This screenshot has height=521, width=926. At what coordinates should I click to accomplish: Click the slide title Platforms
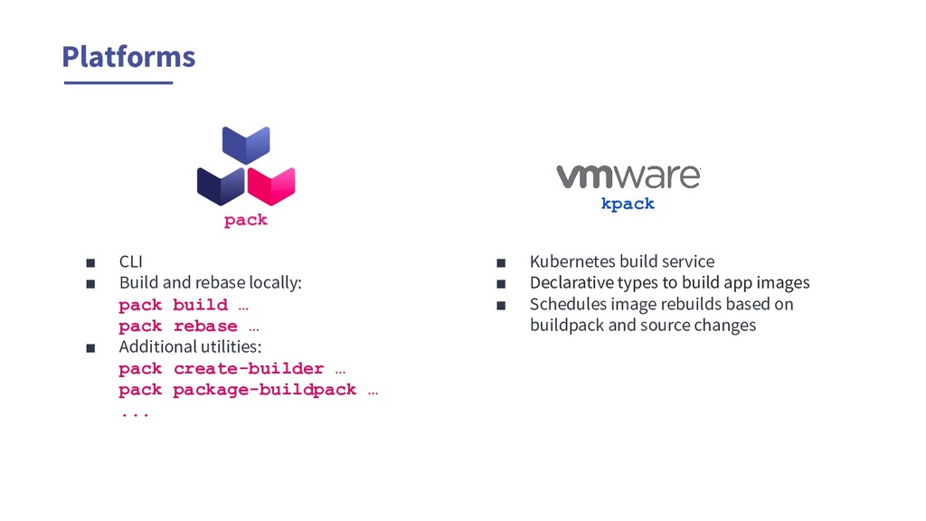(x=128, y=57)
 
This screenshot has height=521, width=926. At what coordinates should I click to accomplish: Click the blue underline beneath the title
(x=118, y=82)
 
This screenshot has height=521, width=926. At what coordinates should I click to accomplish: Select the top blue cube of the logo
(x=246, y=145)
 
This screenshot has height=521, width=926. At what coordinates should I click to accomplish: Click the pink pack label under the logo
(x=246, y=220)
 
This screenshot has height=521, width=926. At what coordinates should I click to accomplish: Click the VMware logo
(x=628, y=175)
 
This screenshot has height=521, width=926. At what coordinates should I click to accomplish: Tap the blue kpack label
(x=628, y=204)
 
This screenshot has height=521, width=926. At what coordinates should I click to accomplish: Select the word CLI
(x=131, y=262)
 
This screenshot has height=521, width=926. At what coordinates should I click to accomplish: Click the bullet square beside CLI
(x=90, y=263)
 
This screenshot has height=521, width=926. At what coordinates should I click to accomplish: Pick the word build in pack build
(x=201, y=305)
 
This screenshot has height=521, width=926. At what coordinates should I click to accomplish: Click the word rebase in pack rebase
(x=205, y=327)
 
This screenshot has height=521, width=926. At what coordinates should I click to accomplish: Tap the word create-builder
(x=249, y=369)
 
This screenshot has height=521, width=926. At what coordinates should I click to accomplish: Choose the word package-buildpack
(x=265, y=391)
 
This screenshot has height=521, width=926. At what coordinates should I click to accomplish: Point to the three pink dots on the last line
(x=134, y=413)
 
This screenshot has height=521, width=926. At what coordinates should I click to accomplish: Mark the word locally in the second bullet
(x=275, y=283)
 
